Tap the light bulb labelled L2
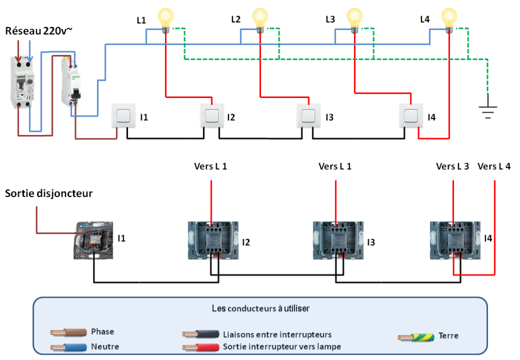(260, 18)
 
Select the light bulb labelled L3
(354, 18)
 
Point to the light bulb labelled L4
(449, 18)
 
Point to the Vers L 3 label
(453, 166)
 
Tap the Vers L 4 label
(495, 166)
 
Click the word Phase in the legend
(103, 332)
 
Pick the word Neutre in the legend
(105, 346)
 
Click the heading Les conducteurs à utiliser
(261, 308)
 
